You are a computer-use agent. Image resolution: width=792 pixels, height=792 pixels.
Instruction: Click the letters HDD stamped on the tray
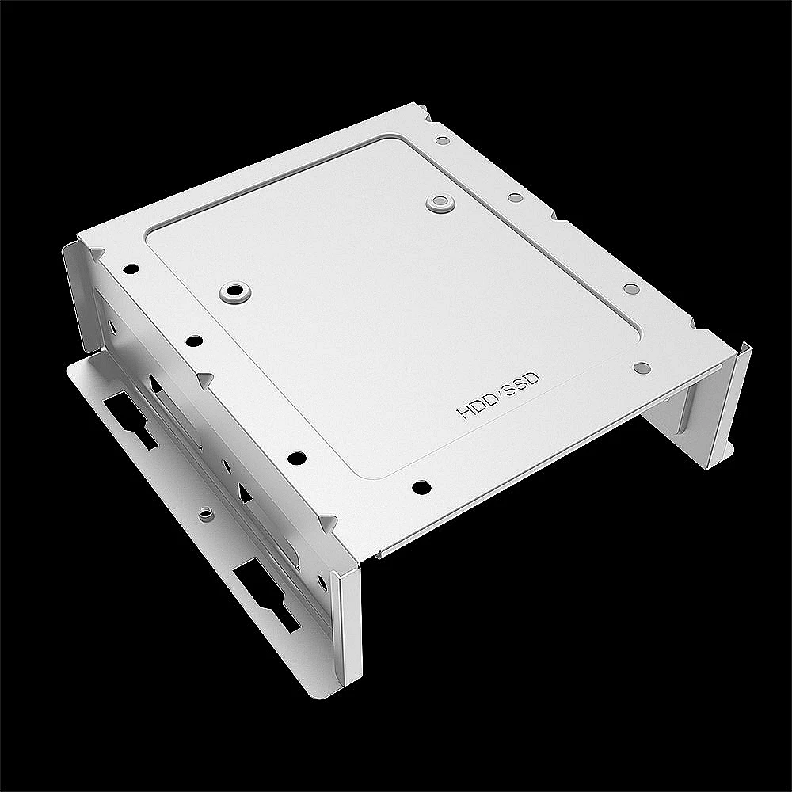tap(474, 406)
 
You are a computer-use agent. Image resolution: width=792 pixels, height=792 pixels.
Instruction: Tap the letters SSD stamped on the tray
tap(523, 383)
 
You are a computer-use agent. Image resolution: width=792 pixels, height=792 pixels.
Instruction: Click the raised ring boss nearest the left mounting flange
tap(233, 291)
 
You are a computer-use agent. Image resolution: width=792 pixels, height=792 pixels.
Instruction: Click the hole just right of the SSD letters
tap(642, 367)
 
